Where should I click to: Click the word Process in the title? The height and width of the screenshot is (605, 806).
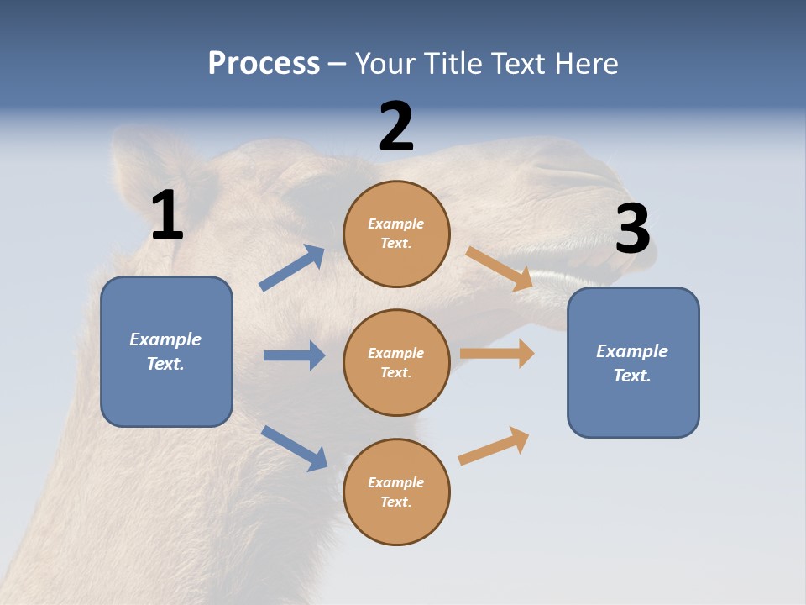(264, 64)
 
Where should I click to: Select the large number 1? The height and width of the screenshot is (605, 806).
(167, 216)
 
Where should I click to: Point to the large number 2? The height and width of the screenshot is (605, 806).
(396, 127)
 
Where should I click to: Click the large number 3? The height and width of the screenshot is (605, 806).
(632, 229)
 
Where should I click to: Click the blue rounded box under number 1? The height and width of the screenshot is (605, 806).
(166, 351)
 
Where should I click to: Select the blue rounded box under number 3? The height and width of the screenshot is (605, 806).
(633, 362)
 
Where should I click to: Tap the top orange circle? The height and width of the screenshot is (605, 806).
(396, 234)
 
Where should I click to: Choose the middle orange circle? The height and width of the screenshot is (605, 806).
(396, 362)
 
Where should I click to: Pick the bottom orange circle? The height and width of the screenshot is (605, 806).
(396, 492)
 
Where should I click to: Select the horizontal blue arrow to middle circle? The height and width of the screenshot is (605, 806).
(294, 355)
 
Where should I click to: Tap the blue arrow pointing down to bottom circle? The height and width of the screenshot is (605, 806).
(294, 448)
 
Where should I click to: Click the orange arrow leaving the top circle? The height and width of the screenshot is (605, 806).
(500, 269)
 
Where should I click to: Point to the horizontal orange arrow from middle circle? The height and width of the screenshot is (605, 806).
(497, 353)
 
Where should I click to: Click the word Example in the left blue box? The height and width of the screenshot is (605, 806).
(165, 339)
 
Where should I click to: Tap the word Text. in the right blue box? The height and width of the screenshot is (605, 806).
(632, 376)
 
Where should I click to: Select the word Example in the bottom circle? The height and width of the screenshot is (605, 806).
(396, 482)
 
